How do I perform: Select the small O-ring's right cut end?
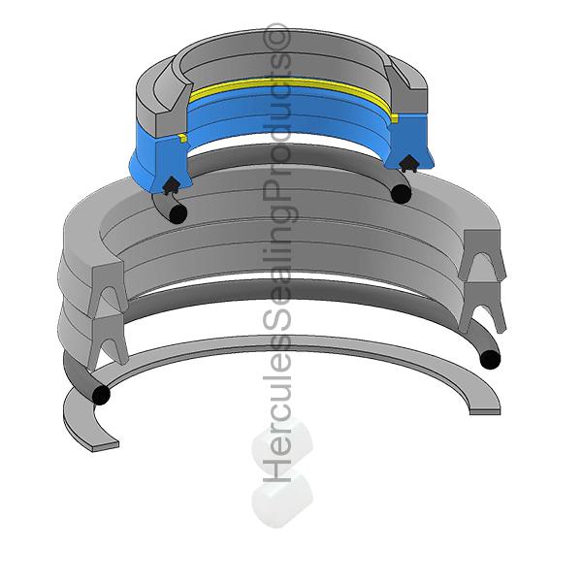tap(400, 194)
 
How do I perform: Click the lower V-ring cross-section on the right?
tap(484, 307)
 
